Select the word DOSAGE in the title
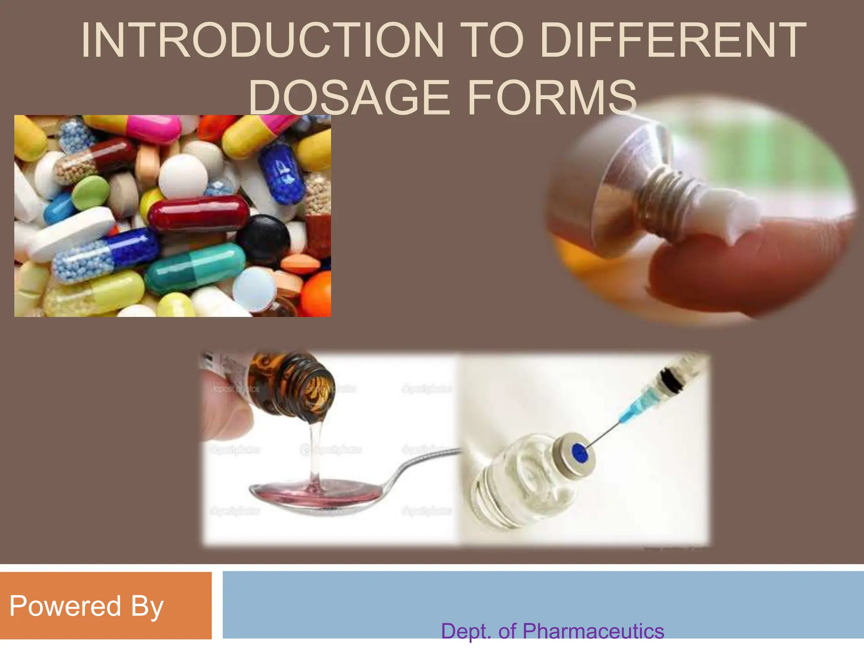[348, 98]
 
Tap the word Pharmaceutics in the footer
[593, 632]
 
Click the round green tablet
[91, 192]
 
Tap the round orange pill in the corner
[316, 293]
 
